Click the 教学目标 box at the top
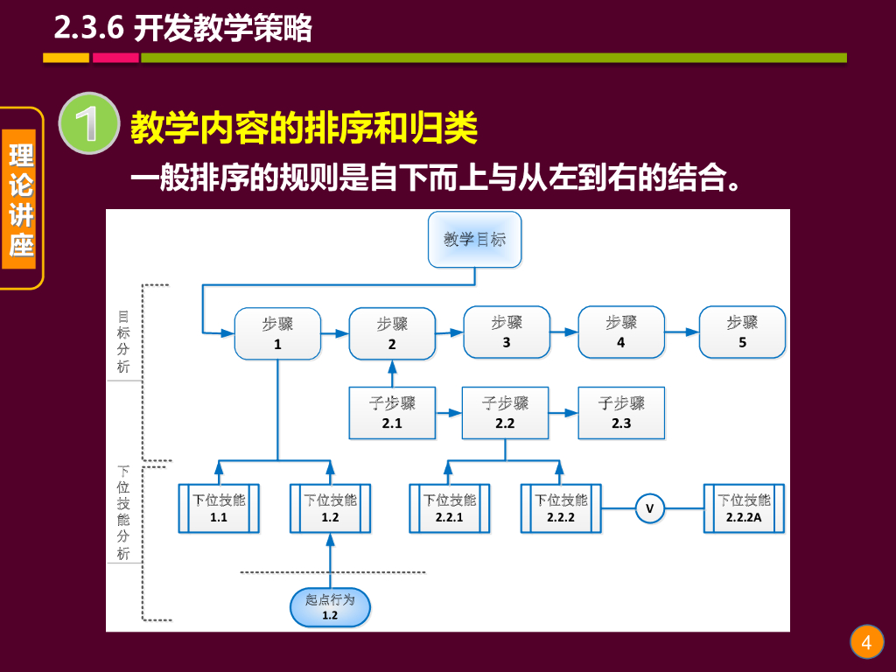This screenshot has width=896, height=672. (x=474, y=239)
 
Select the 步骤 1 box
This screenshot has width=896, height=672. (x=277, y=333)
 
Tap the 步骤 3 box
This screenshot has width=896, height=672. (x=507, y=332)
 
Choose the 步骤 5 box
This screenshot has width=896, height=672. (x=742, y=332)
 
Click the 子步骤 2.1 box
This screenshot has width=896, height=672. (x=392, y=413)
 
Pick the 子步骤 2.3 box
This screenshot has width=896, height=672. (x=621, y=413)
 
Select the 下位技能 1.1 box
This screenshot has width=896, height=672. (x=219, y=508)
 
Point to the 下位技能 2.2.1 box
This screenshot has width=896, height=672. (x=450, y=508)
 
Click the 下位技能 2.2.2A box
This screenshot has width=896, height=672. (x=745, y=508)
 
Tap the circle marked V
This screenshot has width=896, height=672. (x=649, y=508)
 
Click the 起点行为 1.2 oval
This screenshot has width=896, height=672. (x=330, y=607)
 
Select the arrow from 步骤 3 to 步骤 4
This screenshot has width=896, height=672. (x=563, y=332)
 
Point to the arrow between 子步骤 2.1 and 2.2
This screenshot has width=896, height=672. (x=449, y=412)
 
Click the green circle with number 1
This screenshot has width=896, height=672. (x=88, y=123)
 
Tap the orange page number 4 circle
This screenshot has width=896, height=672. (x=866, y=643)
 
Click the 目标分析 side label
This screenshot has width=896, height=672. (x=124, y=340)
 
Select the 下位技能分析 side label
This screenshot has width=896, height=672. (x=124, y=512)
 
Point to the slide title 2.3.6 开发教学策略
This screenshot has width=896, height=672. (x=183, y=29)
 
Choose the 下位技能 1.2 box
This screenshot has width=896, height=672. (x=330, y=508)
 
